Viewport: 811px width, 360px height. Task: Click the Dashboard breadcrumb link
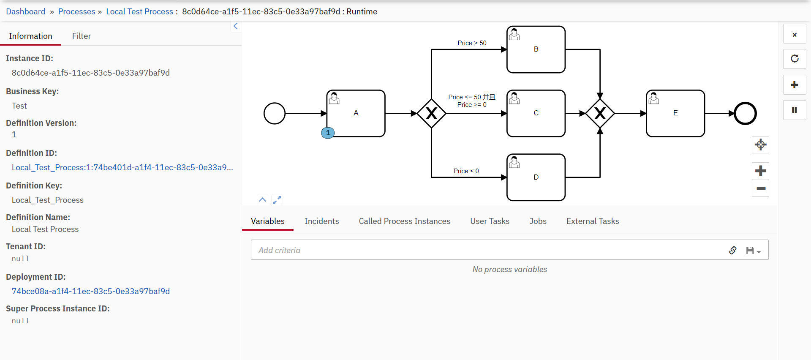pos(26,11)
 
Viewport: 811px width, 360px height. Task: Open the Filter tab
pos(81,36)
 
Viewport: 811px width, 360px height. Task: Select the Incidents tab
pos(321,221)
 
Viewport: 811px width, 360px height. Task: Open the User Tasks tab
pos(490,221)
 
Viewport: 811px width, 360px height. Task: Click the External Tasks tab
pos(592,221)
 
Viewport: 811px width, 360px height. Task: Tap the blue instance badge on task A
pos(328,133)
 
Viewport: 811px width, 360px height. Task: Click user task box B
pos(536,49)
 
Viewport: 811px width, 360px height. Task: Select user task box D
pos(536,177)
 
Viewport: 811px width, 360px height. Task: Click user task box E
pos(675,113)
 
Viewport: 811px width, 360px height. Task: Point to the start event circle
pos(275,113)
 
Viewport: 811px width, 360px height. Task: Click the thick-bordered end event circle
pos(745,113)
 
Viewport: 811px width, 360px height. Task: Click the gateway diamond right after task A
pos(431,113)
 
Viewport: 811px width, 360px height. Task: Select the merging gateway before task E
pos(600,113)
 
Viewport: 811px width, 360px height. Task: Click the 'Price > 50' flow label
pos(472,43)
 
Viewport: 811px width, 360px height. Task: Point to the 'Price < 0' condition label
pos(466,171)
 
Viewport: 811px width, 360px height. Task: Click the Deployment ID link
pos(91,291)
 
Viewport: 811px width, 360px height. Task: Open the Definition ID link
pos(122,167)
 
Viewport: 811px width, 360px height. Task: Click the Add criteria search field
pos(486,250)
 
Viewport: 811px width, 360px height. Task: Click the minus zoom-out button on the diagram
pos(761,188)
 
